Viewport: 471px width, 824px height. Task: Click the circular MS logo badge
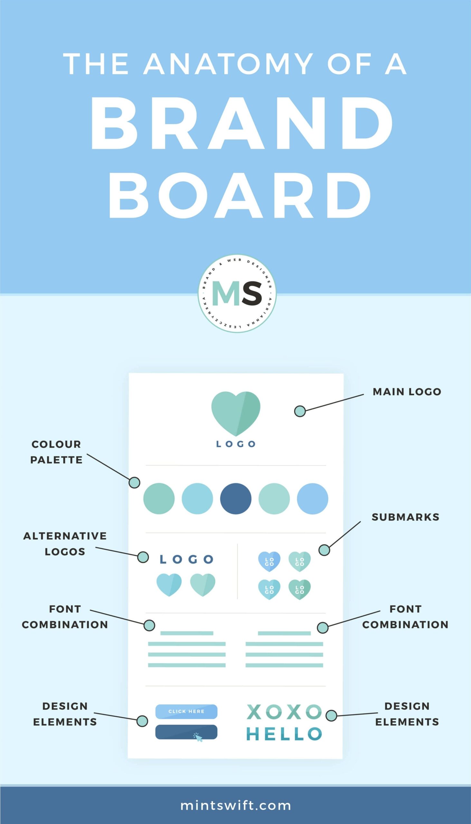pos(237,293)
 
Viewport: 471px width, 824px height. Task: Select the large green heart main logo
pos(236,413)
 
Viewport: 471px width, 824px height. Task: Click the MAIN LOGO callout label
pos(407,392)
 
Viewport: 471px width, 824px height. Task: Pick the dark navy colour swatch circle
pos(236,498)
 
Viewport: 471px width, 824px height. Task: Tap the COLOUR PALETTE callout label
pos(56,452)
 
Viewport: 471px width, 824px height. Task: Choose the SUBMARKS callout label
pos(405,517)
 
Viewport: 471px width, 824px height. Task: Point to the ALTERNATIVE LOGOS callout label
pos(65,544)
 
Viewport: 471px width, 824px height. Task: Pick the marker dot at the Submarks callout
pos(324,550)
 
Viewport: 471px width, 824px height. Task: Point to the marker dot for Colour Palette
pos(135,482)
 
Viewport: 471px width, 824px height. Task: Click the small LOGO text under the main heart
pos(236,444)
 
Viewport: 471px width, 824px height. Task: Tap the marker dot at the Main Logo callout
pos(300,411)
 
